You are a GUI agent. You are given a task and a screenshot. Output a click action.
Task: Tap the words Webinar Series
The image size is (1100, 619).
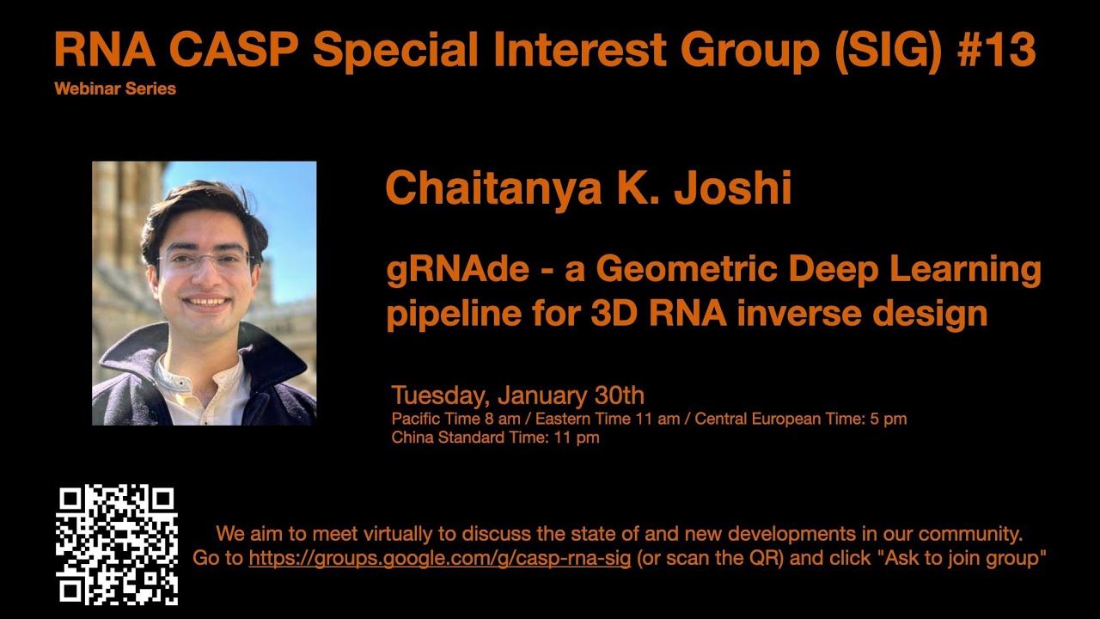tap(114, 89)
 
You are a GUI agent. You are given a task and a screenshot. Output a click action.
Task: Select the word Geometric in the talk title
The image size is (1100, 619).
tap(687, 270)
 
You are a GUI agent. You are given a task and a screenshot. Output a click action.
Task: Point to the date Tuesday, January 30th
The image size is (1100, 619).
tap(517, 395)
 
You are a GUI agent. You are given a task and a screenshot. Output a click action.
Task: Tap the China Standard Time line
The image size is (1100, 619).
tap(495, 438)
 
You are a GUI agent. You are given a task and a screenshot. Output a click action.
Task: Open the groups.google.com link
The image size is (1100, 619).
tap(439, 558)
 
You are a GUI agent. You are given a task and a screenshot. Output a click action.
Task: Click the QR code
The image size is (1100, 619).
tap(117, 545)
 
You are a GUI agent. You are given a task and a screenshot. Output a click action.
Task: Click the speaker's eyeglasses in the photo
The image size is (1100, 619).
tap(206, 260)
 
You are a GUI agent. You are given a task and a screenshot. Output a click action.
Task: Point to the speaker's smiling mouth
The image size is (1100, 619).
tap(207, 303)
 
